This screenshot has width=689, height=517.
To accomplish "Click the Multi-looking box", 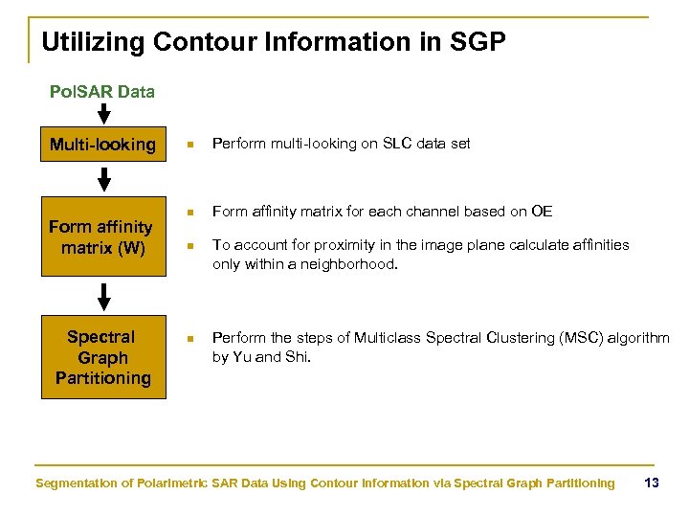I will click(x=102, y=145).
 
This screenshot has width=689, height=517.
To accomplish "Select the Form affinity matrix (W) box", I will click(x=100, y=236).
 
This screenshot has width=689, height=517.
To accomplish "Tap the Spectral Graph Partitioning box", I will click(x=102, y=357).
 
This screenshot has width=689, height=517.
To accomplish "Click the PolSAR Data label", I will click(x=101, y=93).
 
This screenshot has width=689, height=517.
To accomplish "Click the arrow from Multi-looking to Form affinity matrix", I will click(x=104, y=179).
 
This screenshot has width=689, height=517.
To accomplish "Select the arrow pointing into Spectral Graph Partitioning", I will click(x=104, y=296).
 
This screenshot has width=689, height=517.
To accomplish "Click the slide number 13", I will click(x=652, y=483).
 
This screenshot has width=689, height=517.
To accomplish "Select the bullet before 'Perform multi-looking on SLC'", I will click(x=190, y=145).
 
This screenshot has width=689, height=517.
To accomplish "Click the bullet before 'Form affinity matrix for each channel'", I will click(x=190, y=212).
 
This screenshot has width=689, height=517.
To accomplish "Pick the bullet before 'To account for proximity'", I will click(x=190, y=245).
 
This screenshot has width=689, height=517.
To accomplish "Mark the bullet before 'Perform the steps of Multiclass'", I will click(x=190, y=338).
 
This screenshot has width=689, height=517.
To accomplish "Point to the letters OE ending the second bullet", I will click(x=542, y=212).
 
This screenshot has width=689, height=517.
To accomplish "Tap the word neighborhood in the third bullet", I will click(x=349, y=264).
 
